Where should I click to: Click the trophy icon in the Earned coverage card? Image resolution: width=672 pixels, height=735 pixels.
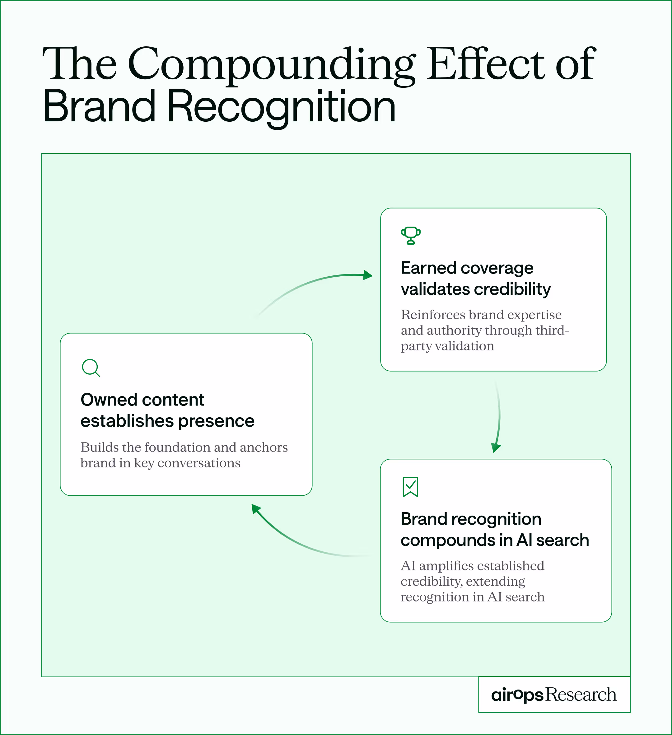click(x=411, y=236)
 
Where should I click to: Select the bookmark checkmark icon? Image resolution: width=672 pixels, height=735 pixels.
click(x=410, y=486)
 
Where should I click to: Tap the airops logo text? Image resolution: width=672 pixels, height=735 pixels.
click(x=517, y=695)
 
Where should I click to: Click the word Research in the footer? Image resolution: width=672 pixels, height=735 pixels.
click(x=581, y=695)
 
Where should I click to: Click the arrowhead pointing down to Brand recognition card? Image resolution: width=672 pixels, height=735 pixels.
click(x=496, y=447)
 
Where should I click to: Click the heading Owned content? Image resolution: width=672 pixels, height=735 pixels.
click(x=142, y=400)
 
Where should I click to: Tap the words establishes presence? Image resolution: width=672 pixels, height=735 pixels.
click(x=167, y=421)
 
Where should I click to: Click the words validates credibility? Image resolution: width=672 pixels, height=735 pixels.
click(x=476, y=289)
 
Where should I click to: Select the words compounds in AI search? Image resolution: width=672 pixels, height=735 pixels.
click(x=495, y=540)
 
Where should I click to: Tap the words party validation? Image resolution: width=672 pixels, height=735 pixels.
click(x=447, y=346)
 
